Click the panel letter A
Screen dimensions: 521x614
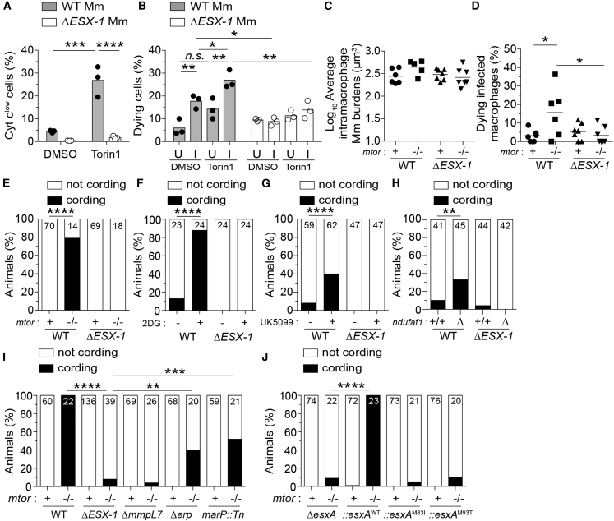tap(6, 7)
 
